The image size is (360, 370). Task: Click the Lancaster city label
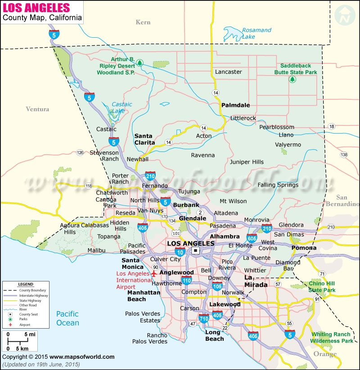pos(228,72)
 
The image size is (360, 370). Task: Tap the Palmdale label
pos(235,105)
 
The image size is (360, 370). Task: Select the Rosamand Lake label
pos(256,33)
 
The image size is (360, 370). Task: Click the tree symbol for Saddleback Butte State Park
pos(292,80)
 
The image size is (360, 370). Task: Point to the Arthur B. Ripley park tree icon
pos(139,62)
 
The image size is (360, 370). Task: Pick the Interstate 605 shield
pos(252,238)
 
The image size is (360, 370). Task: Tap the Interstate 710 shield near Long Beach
pos(203,319)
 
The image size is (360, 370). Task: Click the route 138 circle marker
pos(344,155)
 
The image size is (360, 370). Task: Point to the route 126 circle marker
pos(80,152)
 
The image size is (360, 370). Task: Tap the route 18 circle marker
pos(332,127)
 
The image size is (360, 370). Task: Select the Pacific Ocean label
pos(67,318)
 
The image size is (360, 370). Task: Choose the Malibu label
pos(96,250)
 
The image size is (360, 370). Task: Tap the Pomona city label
pos(304,248)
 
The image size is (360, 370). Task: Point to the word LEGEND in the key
pos(25,285)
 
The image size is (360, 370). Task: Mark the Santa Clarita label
pos(144,139)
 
